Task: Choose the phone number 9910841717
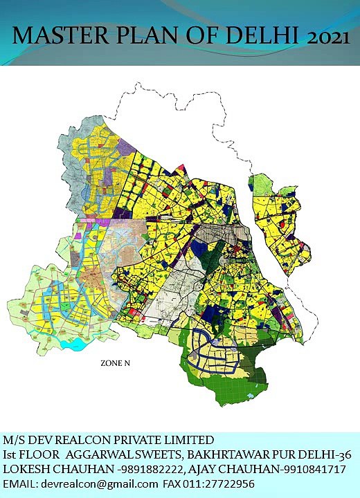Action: (x=308, y=469)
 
